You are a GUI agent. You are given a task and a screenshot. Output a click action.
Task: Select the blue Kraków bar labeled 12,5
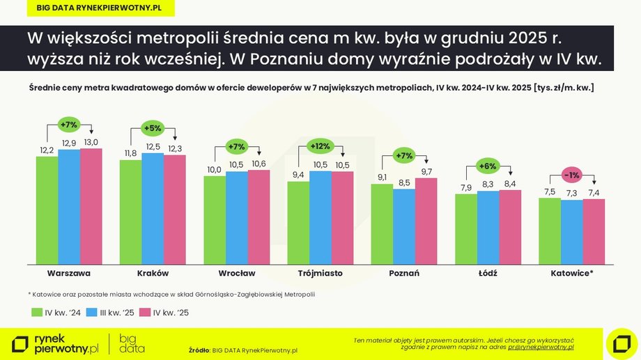(153, 208)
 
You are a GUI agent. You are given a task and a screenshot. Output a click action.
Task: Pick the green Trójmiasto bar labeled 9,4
(298, 223)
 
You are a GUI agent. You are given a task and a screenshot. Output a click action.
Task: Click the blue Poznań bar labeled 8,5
(403, 226)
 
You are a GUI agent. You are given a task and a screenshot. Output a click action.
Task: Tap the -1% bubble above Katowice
(571, 175)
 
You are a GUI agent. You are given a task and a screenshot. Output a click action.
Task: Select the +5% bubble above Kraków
(152, 128)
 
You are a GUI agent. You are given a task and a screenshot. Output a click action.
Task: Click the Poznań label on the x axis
(403, 273)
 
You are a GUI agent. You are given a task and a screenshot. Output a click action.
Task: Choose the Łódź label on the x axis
(488, 273)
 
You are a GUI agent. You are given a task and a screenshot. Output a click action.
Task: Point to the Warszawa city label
(69, 273)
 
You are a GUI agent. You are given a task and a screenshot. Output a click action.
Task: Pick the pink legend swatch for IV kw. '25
(144, 313)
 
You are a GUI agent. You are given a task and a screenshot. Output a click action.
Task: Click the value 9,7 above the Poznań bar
(426, 171)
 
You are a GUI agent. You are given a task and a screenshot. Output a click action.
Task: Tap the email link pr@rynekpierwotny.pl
(542, 346)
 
